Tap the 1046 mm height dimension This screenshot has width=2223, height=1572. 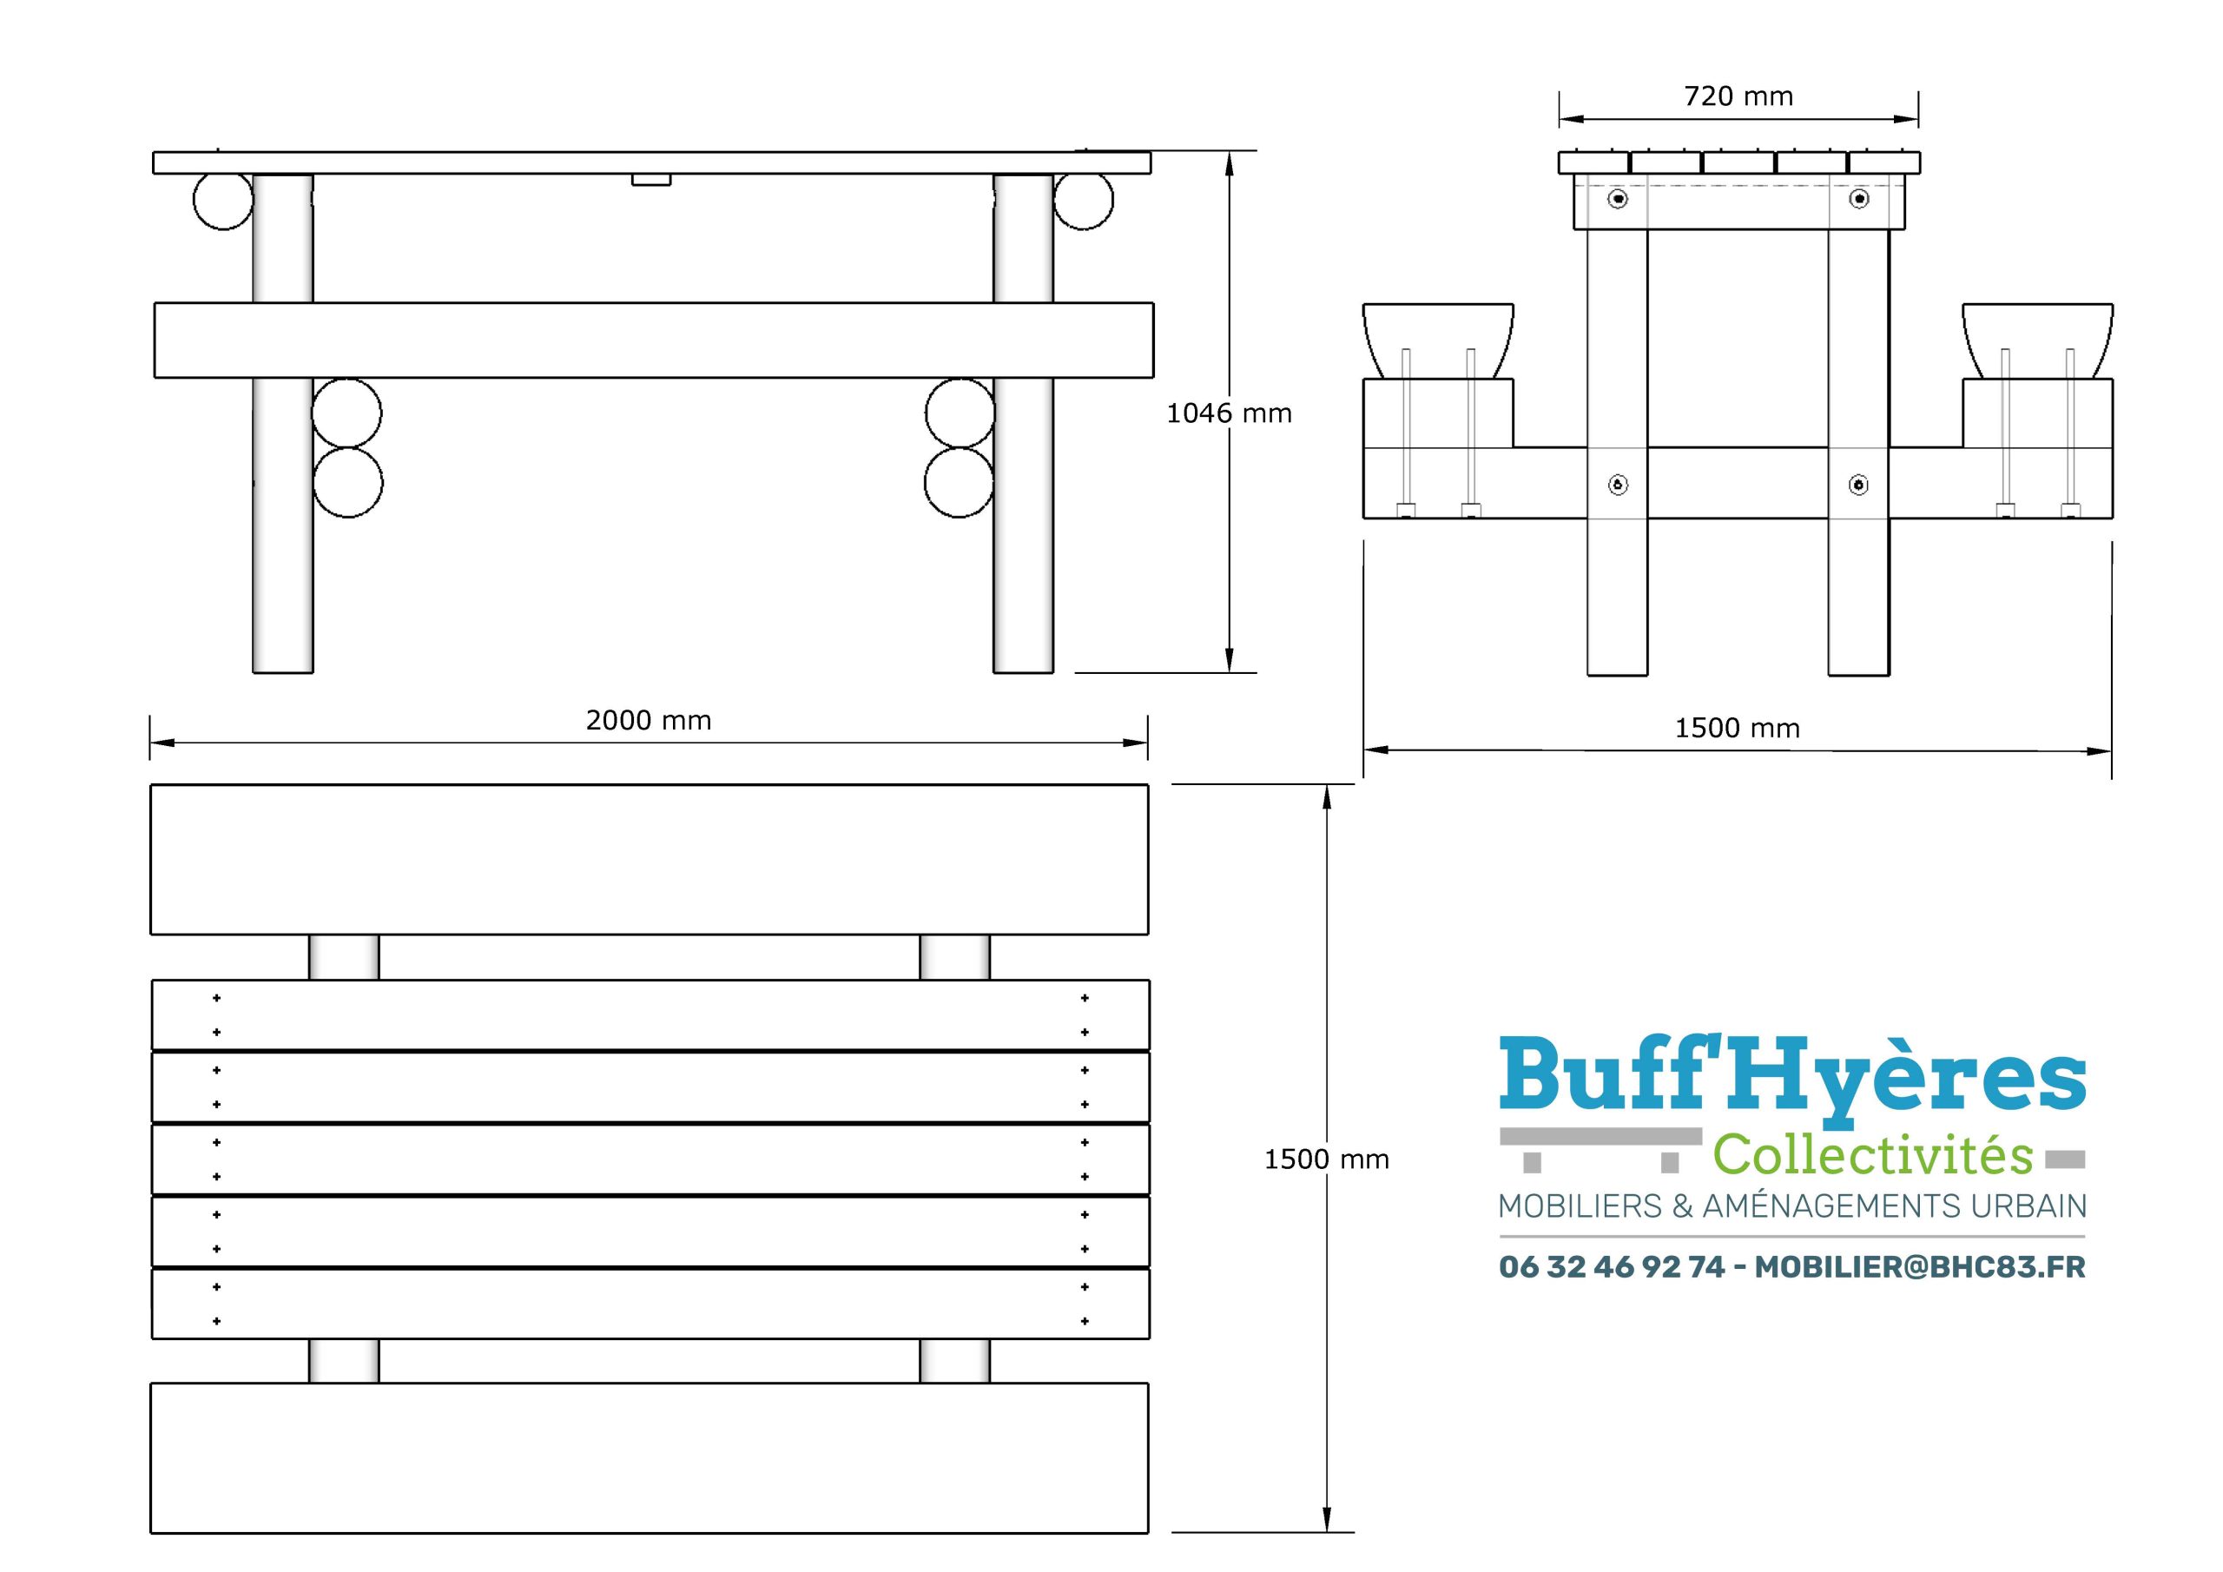(1229, 413)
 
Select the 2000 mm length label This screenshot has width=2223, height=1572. (648, 721)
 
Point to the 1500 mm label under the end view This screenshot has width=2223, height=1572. (1737, 729)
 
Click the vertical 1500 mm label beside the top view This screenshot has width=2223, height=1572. (1327, 1159)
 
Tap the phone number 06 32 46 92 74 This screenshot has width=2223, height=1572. (1612, 1267)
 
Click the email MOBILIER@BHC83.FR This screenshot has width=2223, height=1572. (1920, 1267)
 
